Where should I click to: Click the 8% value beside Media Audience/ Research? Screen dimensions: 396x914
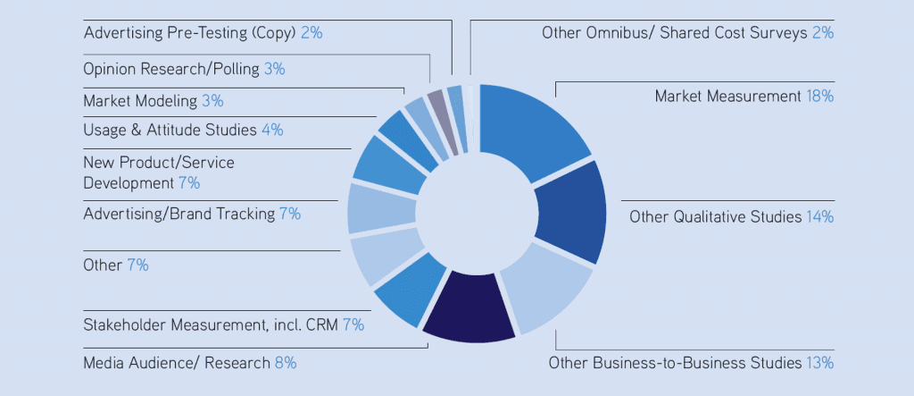coord(286,363)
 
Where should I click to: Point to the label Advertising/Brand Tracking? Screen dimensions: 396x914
coord(179,214)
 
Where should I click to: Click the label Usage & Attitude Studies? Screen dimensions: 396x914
coord(170,130)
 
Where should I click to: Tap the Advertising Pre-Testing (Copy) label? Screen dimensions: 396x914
coord(190,33)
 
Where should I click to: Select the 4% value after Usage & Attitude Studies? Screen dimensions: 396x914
coord(272,130)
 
